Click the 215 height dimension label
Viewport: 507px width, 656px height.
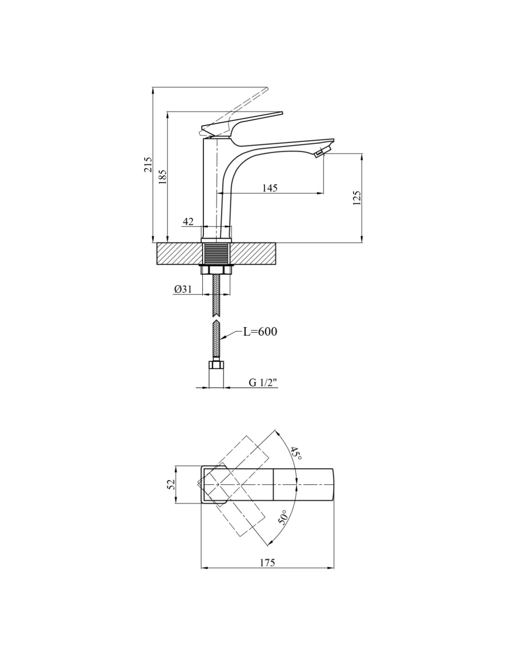[x=148, y=165]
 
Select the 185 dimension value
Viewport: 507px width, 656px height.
[x=162, y=177]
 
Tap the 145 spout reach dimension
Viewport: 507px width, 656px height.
[x=269, y=188]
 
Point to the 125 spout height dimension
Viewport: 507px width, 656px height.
[x=357, y=198]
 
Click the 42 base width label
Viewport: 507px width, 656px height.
[x=188, y=221]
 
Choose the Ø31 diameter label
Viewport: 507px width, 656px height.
[x=183, y=289]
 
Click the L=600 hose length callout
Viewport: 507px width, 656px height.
[x=260, y=332]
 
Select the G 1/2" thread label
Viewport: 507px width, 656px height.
[x=263, y=383]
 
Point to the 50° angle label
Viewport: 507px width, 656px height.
[x=283, y=517]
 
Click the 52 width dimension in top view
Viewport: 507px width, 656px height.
[x=171, y=484]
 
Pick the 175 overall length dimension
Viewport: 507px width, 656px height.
[x=267, y=563]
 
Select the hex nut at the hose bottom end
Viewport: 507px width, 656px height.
[x=216, y=365]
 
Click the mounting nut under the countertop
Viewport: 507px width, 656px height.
[x=216, y=269]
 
